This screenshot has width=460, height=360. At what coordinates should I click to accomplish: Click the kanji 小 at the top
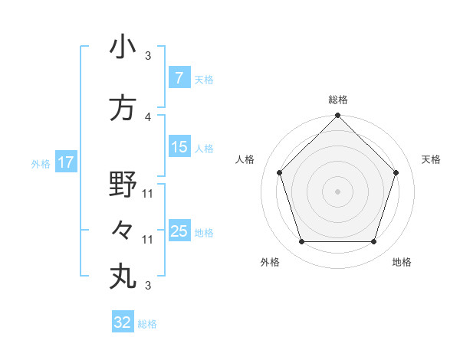123,47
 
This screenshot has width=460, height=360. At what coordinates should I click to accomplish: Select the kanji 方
123,108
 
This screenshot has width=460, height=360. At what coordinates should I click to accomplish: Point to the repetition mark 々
123,230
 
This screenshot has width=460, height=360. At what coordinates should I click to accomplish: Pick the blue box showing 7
179,78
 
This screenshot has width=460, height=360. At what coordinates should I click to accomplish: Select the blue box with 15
179,147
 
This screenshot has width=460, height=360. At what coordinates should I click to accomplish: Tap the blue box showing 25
179,231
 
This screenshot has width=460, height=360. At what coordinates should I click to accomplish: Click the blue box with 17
65,162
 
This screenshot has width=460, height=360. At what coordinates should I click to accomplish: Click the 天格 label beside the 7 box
203,79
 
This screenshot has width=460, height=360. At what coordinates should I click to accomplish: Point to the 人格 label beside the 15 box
203,148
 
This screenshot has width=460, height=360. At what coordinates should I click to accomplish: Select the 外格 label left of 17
41,163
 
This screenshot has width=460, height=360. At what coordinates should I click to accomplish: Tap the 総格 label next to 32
147,324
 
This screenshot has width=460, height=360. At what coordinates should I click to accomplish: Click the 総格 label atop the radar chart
338,100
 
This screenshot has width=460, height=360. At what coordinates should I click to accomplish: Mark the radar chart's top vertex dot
338,116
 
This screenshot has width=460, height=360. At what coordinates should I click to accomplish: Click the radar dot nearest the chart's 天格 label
396,172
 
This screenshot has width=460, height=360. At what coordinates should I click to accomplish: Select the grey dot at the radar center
338,191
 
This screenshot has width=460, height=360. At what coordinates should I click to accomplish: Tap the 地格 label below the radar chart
402,262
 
